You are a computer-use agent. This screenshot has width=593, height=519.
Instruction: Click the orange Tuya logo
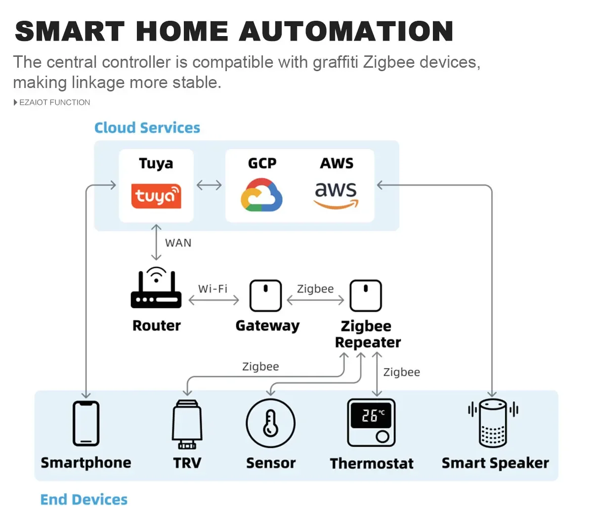coord(156,196)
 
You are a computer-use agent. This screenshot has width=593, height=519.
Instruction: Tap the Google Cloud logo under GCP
coord(261,195)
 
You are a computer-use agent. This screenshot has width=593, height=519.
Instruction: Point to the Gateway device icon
coord(265,296)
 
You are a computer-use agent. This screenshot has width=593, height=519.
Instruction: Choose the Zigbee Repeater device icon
coord(366,296)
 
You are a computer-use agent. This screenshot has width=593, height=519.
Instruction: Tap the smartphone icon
coord(86,423)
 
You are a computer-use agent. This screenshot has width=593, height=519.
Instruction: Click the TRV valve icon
coord(187,424)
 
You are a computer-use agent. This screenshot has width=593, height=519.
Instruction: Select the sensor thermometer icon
coord(270,424)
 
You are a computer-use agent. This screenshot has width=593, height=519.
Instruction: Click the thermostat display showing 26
coord(371,415)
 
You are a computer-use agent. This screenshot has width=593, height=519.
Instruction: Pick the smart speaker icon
coord(493,423)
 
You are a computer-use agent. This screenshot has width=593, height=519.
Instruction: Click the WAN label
coord(178,243)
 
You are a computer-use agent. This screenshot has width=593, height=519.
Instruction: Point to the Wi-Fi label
coord(212,289)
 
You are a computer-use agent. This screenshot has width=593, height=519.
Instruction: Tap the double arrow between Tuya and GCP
coord(209,185)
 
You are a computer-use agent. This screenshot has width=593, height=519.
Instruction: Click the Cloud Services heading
coord(147,128)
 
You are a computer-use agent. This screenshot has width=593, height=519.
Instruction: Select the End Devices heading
coord(84,500)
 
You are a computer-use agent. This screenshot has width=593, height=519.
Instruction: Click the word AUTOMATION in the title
coord(346,31)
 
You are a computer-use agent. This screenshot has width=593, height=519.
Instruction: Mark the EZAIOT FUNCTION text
coord(54,102)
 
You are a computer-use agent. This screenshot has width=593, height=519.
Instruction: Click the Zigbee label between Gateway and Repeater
coord(315,289)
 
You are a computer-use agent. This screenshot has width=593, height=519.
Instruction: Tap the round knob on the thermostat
coord(382,436)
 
